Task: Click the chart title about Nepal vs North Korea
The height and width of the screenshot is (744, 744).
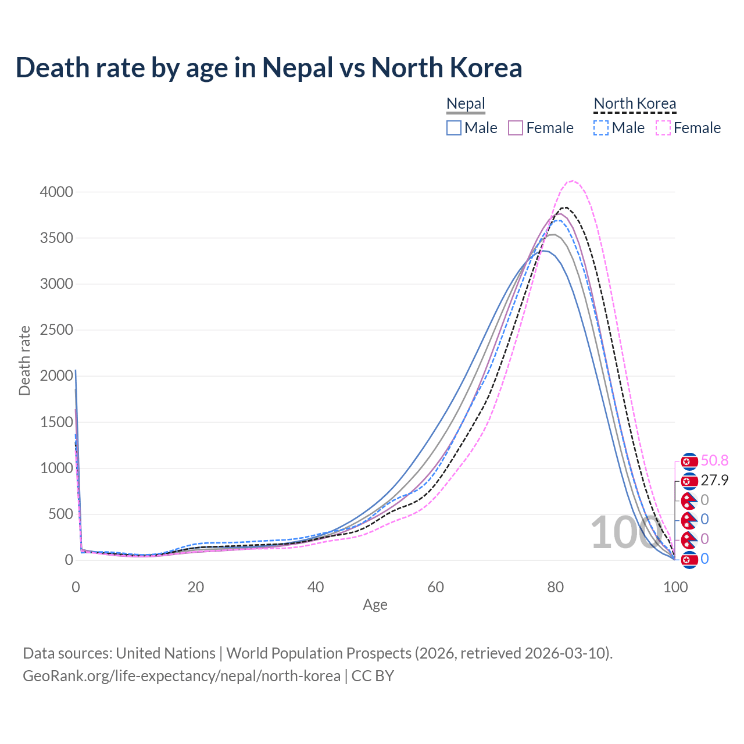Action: click(269, 67)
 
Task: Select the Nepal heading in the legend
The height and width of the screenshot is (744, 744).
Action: click(466, 104)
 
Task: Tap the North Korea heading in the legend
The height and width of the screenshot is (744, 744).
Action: click(635, 104)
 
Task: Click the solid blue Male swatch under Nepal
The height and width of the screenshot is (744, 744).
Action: click(454, 128)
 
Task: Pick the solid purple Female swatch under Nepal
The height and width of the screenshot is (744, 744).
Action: click(516, 128)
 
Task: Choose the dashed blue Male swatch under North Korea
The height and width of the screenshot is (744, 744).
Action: click(601, 128)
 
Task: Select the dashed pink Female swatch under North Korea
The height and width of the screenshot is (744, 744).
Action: click(663, 128)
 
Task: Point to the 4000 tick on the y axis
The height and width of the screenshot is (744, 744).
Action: click(56, 192)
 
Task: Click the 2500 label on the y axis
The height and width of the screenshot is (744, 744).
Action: click(56, 330)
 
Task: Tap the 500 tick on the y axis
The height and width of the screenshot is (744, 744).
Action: click(60, 514)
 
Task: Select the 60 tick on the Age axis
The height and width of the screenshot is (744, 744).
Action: click(435, 587)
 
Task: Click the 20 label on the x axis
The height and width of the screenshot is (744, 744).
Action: click(195, 587)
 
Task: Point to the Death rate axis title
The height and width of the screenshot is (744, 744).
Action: click(24, 361)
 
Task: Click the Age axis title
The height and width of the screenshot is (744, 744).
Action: click(375, 605)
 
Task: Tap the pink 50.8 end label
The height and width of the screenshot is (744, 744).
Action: click(714, 461)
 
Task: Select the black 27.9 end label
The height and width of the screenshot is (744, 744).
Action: click(714, 480)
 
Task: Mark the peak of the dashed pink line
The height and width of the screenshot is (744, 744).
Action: click(573, 181)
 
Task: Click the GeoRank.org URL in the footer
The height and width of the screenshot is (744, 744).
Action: click(181, 676)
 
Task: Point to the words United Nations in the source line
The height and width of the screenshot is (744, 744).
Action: click(166, 653)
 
